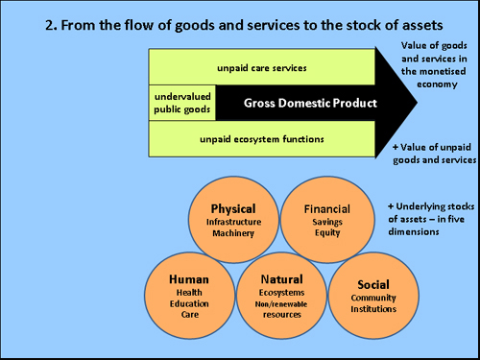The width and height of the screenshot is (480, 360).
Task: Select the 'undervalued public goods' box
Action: point(181,103)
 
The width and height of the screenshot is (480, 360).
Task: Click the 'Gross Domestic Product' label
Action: point(298,103)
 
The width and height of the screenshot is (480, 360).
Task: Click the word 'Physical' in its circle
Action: point(232,208)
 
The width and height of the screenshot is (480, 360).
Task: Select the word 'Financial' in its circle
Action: point(326,208)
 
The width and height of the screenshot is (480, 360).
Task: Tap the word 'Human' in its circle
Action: point(189,279)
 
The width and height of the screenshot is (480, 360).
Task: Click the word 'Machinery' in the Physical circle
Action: point(232,233)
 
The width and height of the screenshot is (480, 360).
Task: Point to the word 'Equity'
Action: point(327,233)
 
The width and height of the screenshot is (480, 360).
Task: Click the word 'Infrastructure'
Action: point(232,222)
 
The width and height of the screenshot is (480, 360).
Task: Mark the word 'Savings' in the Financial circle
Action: point(327,222)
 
